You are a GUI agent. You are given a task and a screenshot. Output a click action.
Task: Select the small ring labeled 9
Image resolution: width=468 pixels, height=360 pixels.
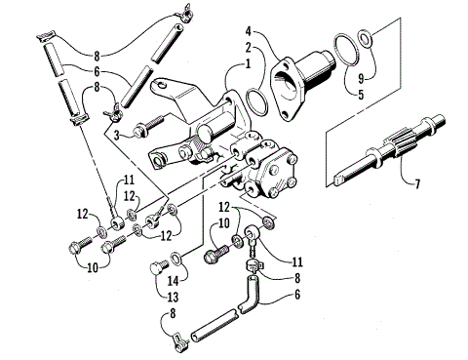[364, 40]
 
